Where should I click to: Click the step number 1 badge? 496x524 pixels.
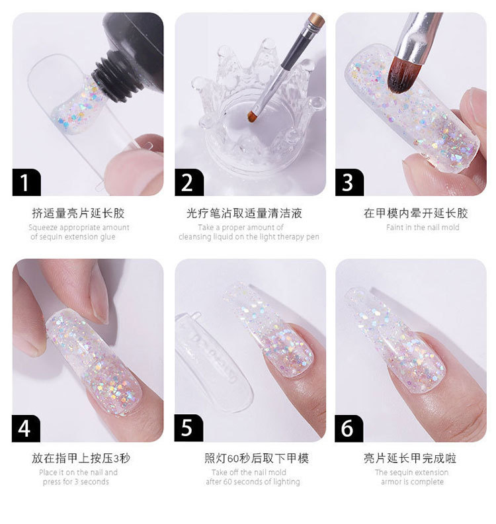pyautogui.click(x=26, y=182)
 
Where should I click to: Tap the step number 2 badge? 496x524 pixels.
pyautogui.click(x=188, y=182)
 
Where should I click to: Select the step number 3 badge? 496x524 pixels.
pyautogui.click(x=349, y=182)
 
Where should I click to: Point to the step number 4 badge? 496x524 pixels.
pyautogui.click(x=26, y=429)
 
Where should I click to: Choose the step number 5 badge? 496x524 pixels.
pyautogui.click(x=188, y=429)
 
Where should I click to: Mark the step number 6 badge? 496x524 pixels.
pyautogui.click(x=349, y=429)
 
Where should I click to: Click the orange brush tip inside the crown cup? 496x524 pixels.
pyautogui.click(x=251, y=115)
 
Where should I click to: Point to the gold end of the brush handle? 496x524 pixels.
pyautogui.click(x=315, y=20)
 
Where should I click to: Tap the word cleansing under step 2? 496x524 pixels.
pyautogui.click(x=194, y=237)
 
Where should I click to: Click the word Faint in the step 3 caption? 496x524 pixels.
pyautogui.click(x=394, y=228)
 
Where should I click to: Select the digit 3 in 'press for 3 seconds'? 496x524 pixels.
pyautogui.click(x=77, y=482)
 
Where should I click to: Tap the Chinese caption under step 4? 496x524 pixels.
pyautogui.click(x=81, y=458)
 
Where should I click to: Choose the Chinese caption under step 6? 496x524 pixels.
pyautogui.click(x=410, y=458)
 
